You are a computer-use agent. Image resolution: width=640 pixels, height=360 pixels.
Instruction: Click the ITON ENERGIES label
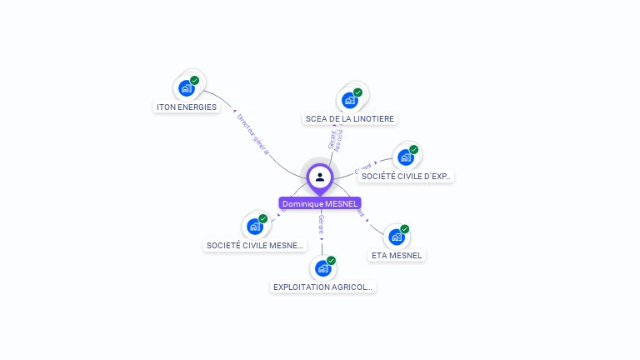[187, 107]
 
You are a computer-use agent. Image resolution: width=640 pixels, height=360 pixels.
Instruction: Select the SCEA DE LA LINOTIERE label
[350, 118]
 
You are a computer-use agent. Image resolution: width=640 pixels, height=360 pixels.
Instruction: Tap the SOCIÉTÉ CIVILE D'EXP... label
[406, 176]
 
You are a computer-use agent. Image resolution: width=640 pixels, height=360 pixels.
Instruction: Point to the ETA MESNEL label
[397, 255]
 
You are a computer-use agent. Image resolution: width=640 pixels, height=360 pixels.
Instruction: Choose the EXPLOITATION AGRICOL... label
[323, 287]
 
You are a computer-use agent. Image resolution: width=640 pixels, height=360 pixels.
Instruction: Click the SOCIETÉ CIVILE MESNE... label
[255, 245]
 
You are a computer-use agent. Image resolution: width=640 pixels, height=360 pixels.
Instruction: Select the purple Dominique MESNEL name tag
[320, 203]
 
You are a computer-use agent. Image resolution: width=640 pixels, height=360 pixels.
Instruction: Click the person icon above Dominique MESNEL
[320, 177]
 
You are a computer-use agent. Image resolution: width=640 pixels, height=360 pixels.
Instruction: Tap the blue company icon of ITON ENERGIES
[186, 87]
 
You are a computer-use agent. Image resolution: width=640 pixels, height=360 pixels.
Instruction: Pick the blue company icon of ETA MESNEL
[397, 237]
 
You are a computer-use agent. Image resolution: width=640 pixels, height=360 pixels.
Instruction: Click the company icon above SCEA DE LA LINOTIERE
[349, 100]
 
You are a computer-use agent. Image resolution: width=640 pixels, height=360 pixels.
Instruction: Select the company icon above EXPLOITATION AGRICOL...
[322, 268]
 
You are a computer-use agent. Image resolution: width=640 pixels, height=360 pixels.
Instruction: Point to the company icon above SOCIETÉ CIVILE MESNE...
[254, 226]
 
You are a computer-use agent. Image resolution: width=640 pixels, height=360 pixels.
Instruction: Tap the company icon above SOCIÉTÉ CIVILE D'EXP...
[405, 157]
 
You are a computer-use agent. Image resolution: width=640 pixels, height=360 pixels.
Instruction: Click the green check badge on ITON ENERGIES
[194, 81]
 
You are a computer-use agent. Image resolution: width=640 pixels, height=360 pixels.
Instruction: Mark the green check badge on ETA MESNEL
[404, 229]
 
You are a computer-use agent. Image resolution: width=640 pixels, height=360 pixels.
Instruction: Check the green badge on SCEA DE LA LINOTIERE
[357, 92]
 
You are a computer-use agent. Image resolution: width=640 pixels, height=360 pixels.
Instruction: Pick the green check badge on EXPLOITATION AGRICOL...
[331, 261]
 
